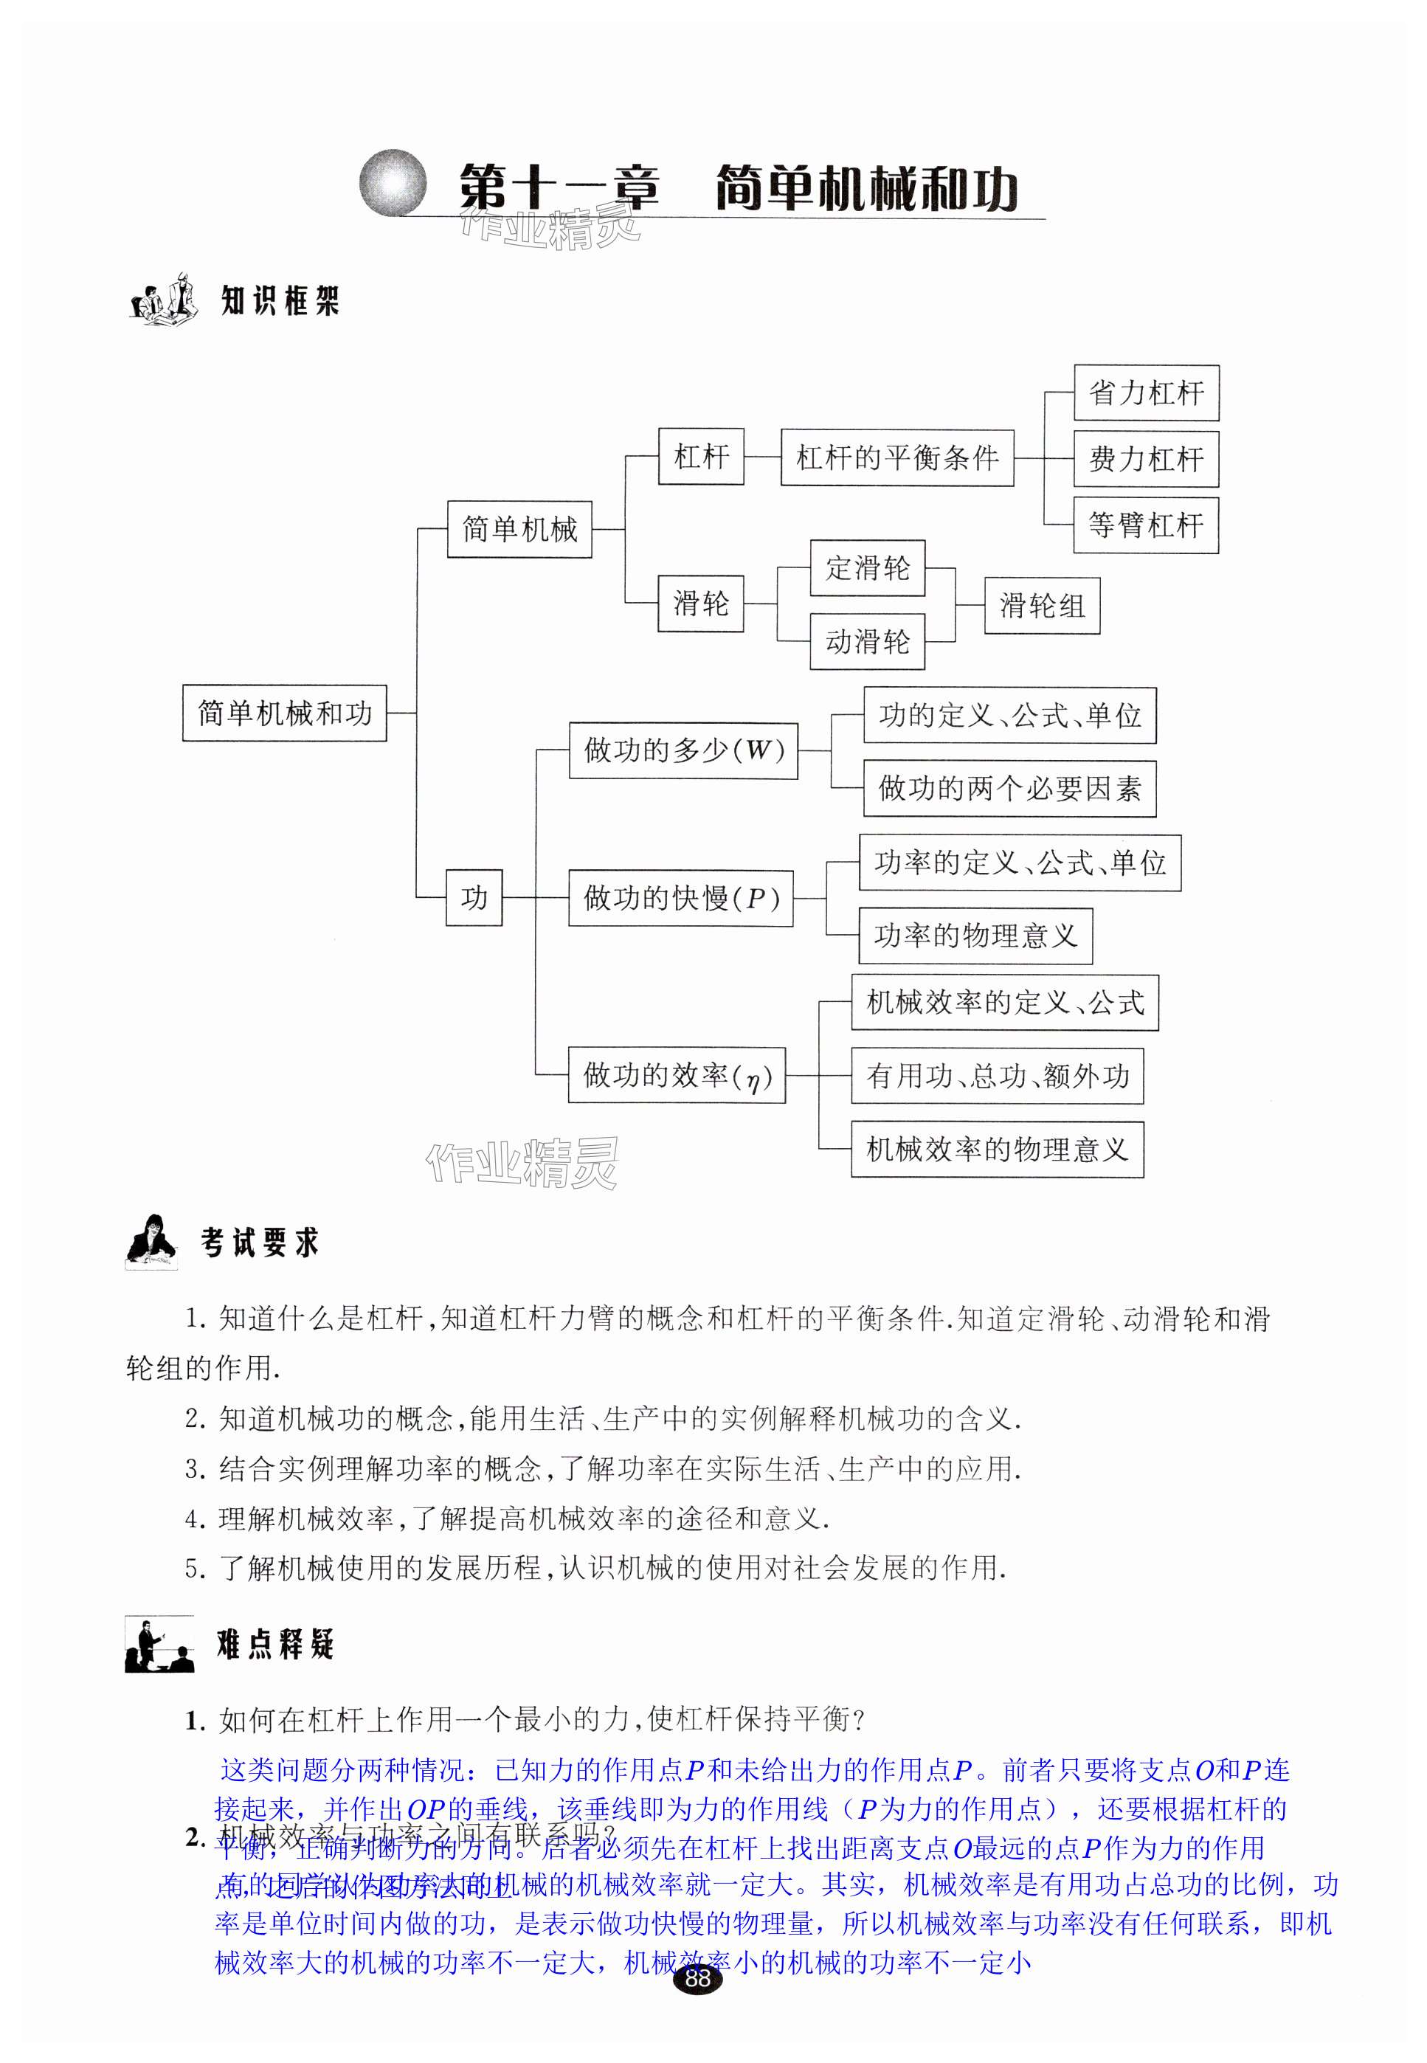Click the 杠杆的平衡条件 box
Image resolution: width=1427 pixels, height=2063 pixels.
point(896,457)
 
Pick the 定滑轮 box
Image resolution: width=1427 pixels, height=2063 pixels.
point(867,567)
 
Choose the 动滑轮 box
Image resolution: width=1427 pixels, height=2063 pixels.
point(867,641)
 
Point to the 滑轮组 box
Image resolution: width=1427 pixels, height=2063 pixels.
point(1042,606)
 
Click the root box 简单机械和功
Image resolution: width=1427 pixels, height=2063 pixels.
point(284,713)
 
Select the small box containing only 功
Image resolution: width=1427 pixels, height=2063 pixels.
point(474,897)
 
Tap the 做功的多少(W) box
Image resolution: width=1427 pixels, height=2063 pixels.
point(683,750)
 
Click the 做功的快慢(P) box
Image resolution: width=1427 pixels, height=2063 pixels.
point(680,897)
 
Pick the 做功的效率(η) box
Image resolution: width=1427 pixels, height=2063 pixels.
point(677,1075)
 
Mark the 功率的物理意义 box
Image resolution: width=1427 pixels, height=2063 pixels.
point(975,936)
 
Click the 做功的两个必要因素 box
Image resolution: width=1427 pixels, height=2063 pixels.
point(1009,788)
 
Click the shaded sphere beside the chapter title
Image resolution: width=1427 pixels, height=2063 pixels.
point(393,183)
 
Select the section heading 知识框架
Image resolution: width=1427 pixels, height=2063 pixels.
point(280,301)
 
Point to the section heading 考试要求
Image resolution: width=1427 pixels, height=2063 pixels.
point(259,1243)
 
